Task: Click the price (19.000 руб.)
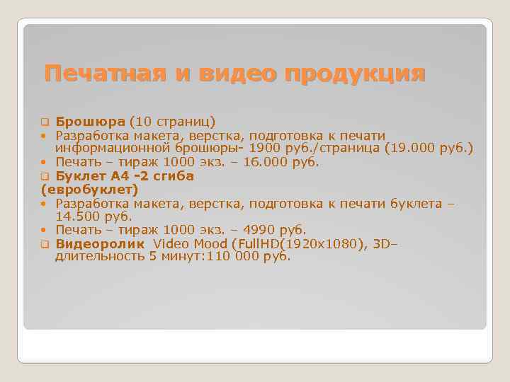(x=429, y=149)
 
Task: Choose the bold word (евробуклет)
(x=90, y=190)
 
